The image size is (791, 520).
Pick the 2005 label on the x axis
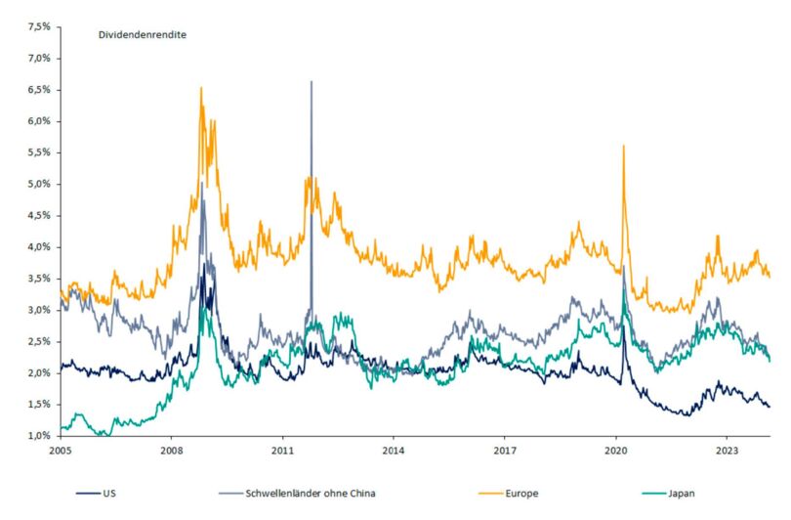click(x=61, y=452)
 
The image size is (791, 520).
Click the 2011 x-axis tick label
click(x=282, y=452)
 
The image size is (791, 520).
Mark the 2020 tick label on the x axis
click(x=615, y=452)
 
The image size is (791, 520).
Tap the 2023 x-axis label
click(x=726, y=452)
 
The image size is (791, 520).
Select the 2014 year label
click(x=393, y=452)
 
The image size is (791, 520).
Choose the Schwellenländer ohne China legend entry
click(x=311, y=496)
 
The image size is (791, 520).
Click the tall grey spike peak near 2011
click(x=312, y=82)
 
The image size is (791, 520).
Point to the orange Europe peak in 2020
click(x=623, y=146)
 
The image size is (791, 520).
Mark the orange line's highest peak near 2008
click(x=201, y=88)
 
